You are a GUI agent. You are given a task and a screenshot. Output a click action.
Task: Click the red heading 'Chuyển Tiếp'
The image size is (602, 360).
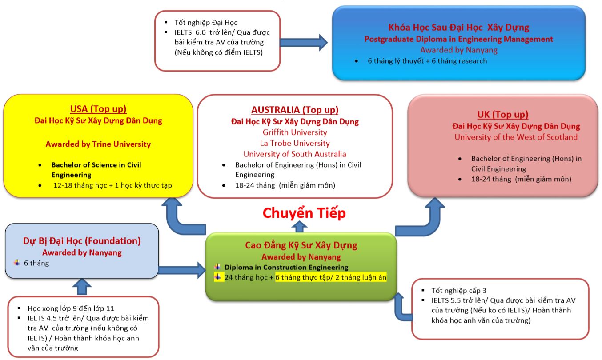pos(304,213)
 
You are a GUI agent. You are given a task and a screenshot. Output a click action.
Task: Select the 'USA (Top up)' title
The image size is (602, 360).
pos(98,109)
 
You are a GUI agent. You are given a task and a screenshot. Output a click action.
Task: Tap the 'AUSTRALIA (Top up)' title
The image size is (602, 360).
pos(295,110)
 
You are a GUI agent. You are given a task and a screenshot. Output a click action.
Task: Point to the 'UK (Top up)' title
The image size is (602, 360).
pos(502,115)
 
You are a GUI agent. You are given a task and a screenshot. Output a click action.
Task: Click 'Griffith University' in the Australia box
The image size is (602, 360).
pos(295,132)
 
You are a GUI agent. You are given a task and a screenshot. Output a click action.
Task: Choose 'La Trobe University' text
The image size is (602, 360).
pos(295,143)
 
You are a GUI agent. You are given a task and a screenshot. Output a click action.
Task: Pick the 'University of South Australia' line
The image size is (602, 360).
pos(295,154)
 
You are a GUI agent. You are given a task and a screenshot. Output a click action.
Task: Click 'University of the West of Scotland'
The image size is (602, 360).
pos(516,137)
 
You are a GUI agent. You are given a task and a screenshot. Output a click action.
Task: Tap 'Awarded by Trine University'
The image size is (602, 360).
pos(98,144)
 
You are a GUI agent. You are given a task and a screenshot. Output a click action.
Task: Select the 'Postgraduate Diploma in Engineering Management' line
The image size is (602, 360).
pos(459,39)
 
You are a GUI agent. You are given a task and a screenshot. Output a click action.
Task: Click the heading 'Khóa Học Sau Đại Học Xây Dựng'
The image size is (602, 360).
pos(459,27)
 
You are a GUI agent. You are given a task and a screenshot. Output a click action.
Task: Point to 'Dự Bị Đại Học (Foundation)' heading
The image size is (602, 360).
pos(82,241)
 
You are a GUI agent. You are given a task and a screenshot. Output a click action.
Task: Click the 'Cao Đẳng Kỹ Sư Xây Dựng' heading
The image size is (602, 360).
pos(301,245)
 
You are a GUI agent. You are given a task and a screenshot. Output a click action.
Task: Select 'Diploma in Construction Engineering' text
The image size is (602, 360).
pos(286,267)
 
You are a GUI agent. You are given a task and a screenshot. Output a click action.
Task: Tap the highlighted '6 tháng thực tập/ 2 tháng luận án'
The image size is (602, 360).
pos(331,277)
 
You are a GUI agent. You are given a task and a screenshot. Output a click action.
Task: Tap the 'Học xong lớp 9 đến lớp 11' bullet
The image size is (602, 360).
pos(71,308)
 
